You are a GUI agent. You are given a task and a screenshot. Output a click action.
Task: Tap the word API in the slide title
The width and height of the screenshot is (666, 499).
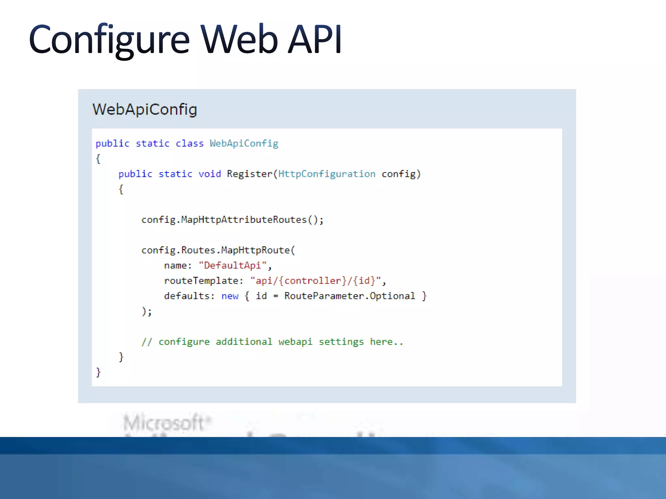[x=315, y=40]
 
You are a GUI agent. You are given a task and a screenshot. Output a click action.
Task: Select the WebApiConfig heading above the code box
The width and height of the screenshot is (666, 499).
[x=145, y=109]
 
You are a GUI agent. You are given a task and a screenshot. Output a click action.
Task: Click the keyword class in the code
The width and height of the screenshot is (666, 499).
[x=190, y=144]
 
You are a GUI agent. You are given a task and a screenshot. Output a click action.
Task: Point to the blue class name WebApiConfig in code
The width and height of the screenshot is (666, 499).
[x=244, y=144]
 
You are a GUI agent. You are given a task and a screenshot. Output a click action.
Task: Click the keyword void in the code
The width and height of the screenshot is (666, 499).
[x=210, y=174]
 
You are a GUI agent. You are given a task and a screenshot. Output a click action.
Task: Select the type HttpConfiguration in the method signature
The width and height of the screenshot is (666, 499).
[x=327, y=174]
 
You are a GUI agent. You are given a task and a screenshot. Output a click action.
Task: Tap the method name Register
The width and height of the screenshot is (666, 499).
[x=249, y=174]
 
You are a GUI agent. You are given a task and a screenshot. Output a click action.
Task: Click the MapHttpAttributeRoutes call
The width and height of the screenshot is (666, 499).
[x=244, y=220]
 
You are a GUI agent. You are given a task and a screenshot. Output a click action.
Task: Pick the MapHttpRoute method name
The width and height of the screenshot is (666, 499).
[x=255, y=250]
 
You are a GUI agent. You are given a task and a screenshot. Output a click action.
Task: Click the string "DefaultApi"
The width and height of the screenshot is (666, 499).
[x=233, y=266]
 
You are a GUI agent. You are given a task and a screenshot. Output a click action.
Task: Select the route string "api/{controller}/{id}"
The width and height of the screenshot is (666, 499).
[x=315, y=281]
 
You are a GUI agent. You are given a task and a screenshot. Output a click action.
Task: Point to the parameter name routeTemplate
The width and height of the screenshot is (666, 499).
[x=202, y=281]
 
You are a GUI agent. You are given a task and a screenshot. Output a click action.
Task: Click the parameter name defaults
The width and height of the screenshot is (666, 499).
[x=187, y=296]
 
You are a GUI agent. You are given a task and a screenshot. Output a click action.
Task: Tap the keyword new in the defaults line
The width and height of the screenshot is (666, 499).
[x=230, y=296]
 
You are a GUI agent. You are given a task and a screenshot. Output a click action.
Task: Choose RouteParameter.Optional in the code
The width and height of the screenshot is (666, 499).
[x=350, y=296]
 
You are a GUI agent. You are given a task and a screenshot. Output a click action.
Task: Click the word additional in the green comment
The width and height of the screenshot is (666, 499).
[x=244, y=342]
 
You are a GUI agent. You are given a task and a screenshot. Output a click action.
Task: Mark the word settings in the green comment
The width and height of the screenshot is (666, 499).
[x=341, y=342]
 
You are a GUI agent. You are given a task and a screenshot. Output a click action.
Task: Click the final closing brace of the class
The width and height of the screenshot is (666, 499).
[x=98, y=372]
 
